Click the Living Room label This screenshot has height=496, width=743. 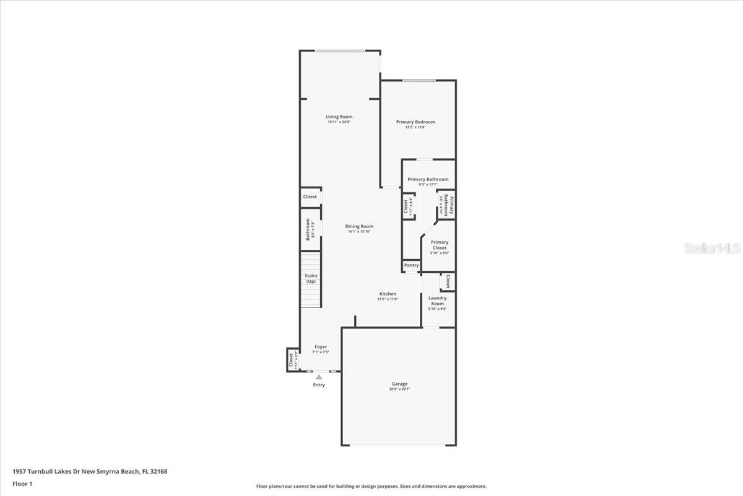pyautogui.click(x=339, y=117)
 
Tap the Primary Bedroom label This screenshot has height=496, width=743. pyautogui.click(x=415, y=122)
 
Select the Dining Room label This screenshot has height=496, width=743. pyautogui.click(x=359, y=226)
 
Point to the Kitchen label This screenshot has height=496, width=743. pyautogui.click(x=388, y=294)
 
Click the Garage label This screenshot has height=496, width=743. pyautogui.click(x=399, y=384)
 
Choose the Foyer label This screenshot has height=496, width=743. pyautogui.click(x=320, y=347)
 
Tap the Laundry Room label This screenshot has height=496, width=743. pyautogui.click(x=437, y=301)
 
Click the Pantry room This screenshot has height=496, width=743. pyautogui.click(x=411, y=265)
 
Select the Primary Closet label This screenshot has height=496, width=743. pyautogui.click(x=439, y=245)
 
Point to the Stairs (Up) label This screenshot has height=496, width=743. pyautogui.click(x=311, y=278)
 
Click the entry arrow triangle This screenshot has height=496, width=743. pyautogui.click(x=319, y=376)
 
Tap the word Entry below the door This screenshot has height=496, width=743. pyautogui.click(x=319, y=385)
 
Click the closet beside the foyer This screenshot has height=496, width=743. pyautogui.click(x=292, y=360)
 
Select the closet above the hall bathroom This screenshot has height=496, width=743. pyautogui.click(x=310, y=197)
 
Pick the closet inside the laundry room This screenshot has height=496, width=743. pyautogui.click(x=447, y=281)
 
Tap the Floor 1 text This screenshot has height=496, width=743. pyautogui.click(x=22, y=484)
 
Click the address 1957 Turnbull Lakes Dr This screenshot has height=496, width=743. pyautogui.click(x=90, y=471)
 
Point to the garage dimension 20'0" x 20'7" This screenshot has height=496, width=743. pyautogui.click(x=399, y=389)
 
